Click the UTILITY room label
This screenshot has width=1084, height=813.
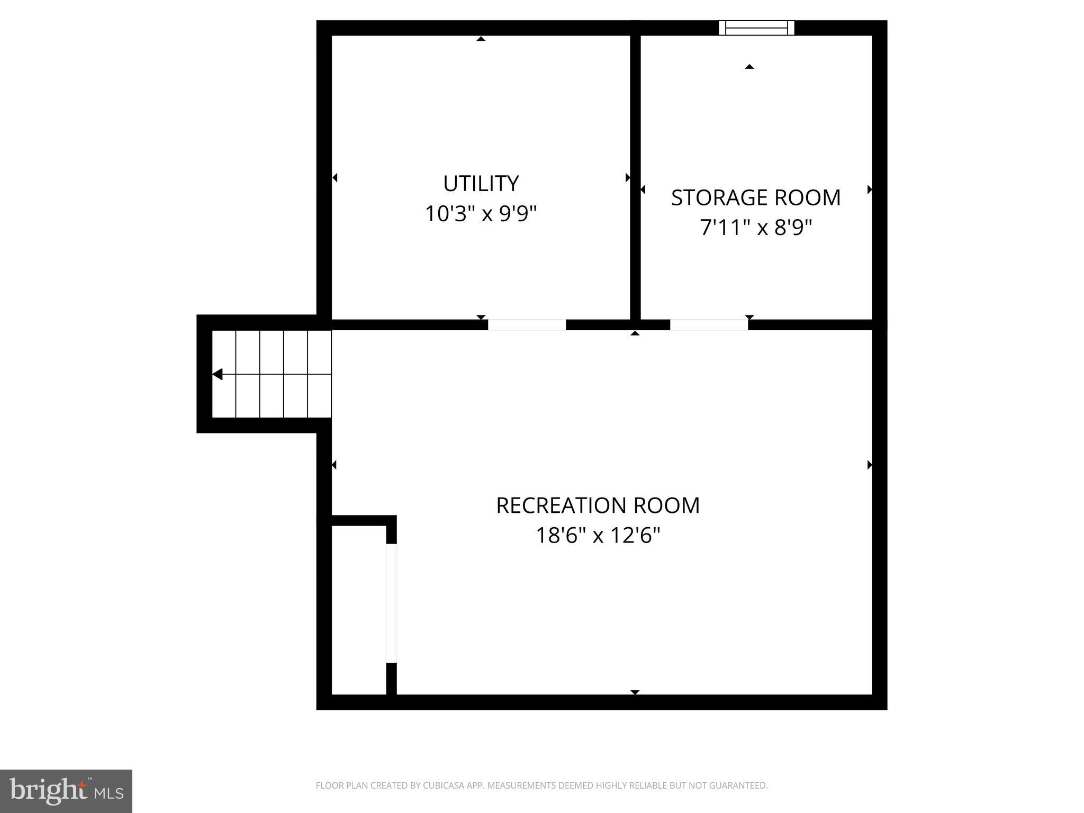tap(481, 184)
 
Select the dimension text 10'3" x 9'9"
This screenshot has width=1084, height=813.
tap(481, 214)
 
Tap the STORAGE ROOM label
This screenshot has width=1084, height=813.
tap(755, 198)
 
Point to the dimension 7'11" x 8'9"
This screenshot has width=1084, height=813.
tap(755, 228)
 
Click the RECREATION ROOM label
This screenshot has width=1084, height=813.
tap(598, 505)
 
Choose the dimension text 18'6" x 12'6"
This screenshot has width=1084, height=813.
tap(598, 536)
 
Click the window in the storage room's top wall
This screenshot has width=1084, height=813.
tap(756, 28)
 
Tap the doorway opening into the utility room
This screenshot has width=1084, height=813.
tap(527, 325)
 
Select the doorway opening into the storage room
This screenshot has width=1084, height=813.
tap(709, 325)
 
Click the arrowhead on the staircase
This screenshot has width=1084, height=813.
tap(218, 374)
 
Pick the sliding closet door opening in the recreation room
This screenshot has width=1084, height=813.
tap(391, 603)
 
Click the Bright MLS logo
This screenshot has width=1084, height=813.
tap(66, 791)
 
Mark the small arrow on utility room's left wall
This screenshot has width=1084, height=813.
tap(335, 178)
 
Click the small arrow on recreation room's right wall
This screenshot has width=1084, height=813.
tap(869, 465)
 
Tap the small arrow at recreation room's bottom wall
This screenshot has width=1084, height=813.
tap(635, 692)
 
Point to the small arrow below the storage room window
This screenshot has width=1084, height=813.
tap(749, 67)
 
